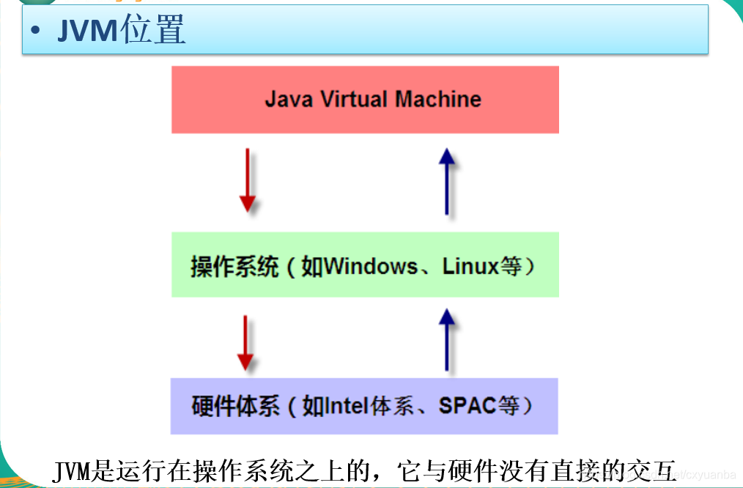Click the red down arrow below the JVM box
click(x=248, y=180)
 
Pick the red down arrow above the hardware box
click(x=245, y=343)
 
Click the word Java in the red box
click(x=288, y=99)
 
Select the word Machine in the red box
click(x=438, y=99)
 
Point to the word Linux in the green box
click(x=470, y=266)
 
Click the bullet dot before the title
click(x=36, y=32)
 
